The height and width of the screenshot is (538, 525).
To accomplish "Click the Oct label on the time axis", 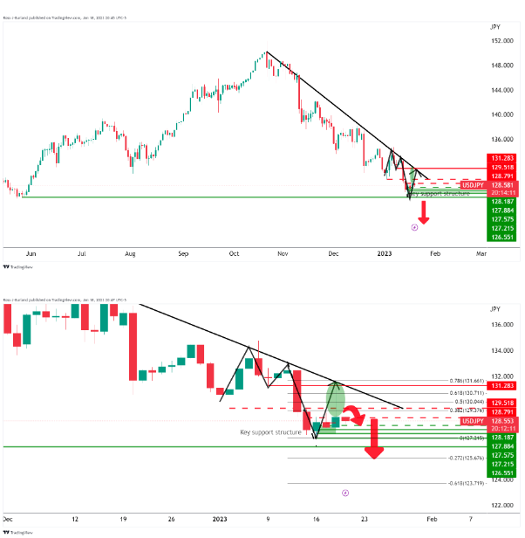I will (x=234, y=252).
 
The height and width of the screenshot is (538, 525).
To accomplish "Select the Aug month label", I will (x=130, y=252).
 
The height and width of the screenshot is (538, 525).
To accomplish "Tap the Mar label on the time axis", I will (x=480, y=252).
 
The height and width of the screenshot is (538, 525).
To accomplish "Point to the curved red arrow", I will (x=356, y=420).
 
